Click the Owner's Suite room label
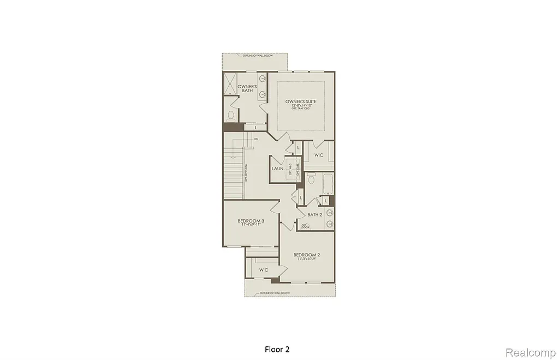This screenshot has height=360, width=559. [301, 101]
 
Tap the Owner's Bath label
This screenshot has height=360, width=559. [247, 88]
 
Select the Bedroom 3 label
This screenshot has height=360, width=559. [251, 221]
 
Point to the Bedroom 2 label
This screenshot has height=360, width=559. [306, 255]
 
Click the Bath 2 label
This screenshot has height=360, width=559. [315, 214]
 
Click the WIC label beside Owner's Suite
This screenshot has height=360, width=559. [319, 155]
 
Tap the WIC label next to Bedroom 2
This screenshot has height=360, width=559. [264, 270]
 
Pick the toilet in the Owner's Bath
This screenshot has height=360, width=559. [231, 116]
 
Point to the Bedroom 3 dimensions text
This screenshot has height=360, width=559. [251, 225]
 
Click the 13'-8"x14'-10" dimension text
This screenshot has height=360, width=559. [301, 106]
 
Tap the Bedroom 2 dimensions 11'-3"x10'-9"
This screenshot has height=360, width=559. [307, 259]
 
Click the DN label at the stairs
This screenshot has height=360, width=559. [255, 139]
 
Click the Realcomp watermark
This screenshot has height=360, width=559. [530, 351]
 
